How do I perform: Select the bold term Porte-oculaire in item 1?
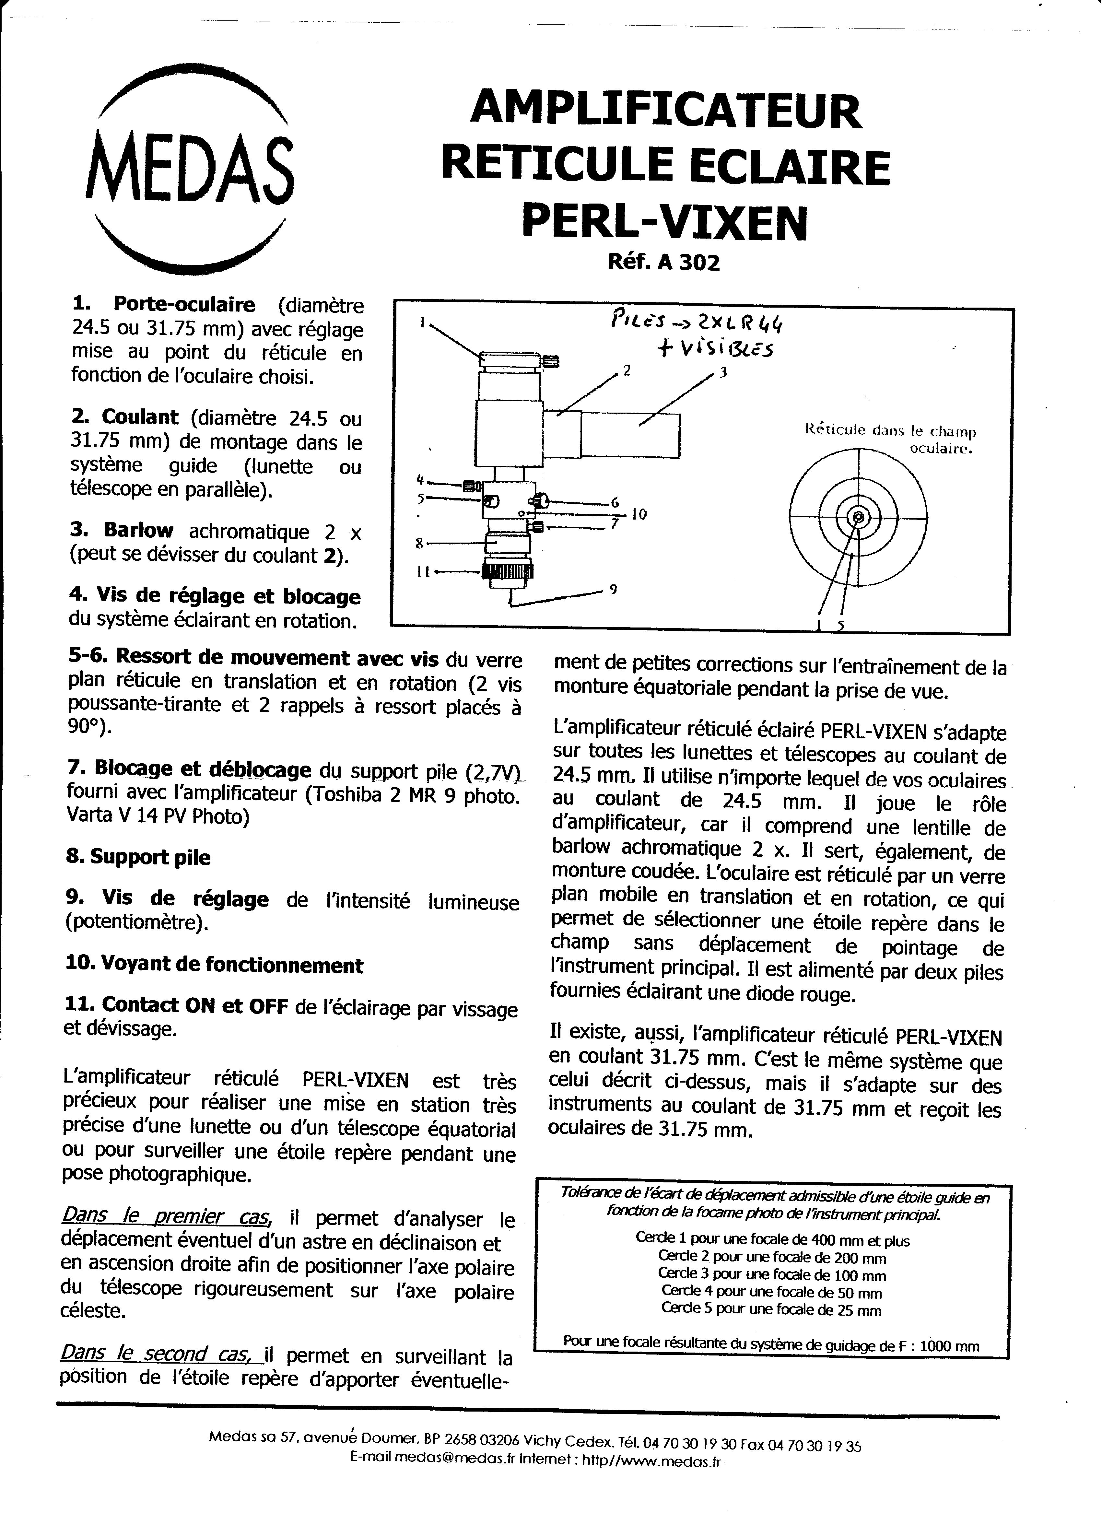coord(184,305)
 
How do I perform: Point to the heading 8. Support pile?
coord(138,857)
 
